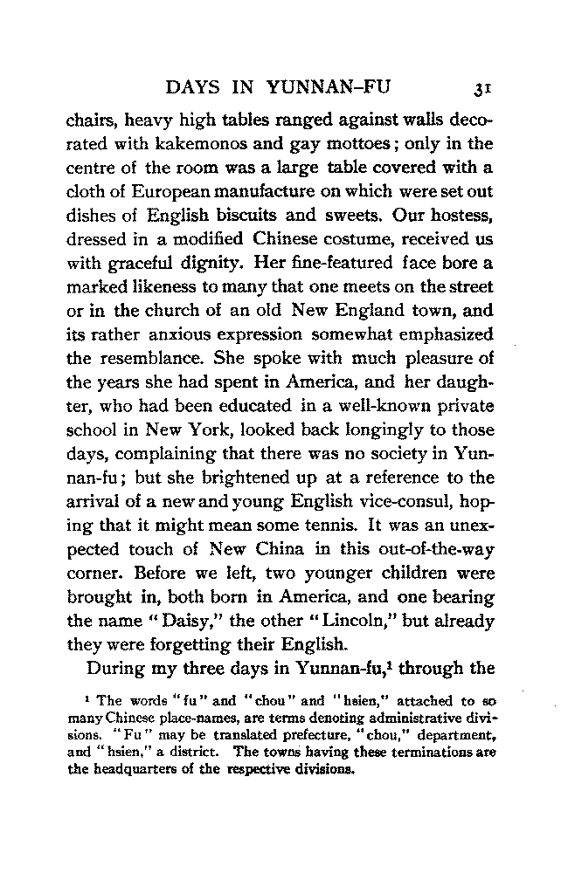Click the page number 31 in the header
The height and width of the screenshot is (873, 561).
click(x=481, y=87)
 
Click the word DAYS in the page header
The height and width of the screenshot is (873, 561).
click(x=196, y=86)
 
